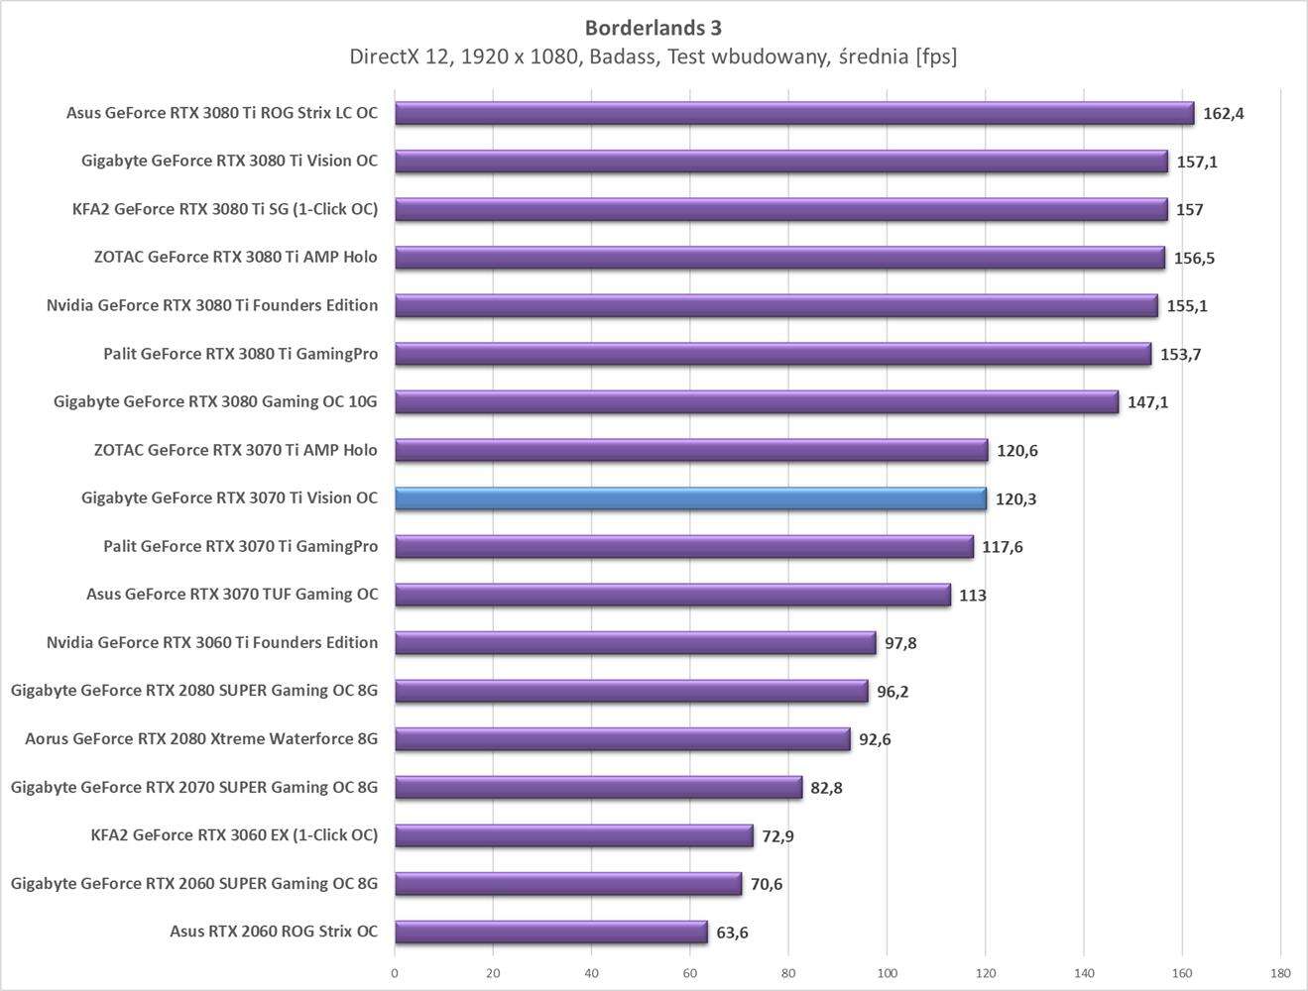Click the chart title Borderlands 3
[x=654, y=27]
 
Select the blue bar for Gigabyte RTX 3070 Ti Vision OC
[x=690, y=498]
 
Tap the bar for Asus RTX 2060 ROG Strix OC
[x=550, y=932]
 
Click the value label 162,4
[x=1223, y=113]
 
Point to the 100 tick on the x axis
[x=887, y=972]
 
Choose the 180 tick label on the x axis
[x=1279, y=972]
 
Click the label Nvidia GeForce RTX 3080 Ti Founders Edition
[x=212, y=305]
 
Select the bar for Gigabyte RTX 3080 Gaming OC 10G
[x=756, y=402]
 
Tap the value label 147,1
[x=1147, y=402]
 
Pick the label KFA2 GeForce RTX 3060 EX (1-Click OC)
[x=234, y=835]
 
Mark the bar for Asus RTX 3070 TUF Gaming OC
[x=672, y=595]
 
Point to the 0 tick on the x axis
[x=395, y=972]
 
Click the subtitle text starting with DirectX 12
[x=654, y=56]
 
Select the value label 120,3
[x=1015, y=499]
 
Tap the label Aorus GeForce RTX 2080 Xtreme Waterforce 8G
[x=201, y=739]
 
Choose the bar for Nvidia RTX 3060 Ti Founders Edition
[x=635, y=643]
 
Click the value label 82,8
[x=826, y=788]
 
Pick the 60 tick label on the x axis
[x=690, y=972]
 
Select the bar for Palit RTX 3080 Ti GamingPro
[x=773, y=354]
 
